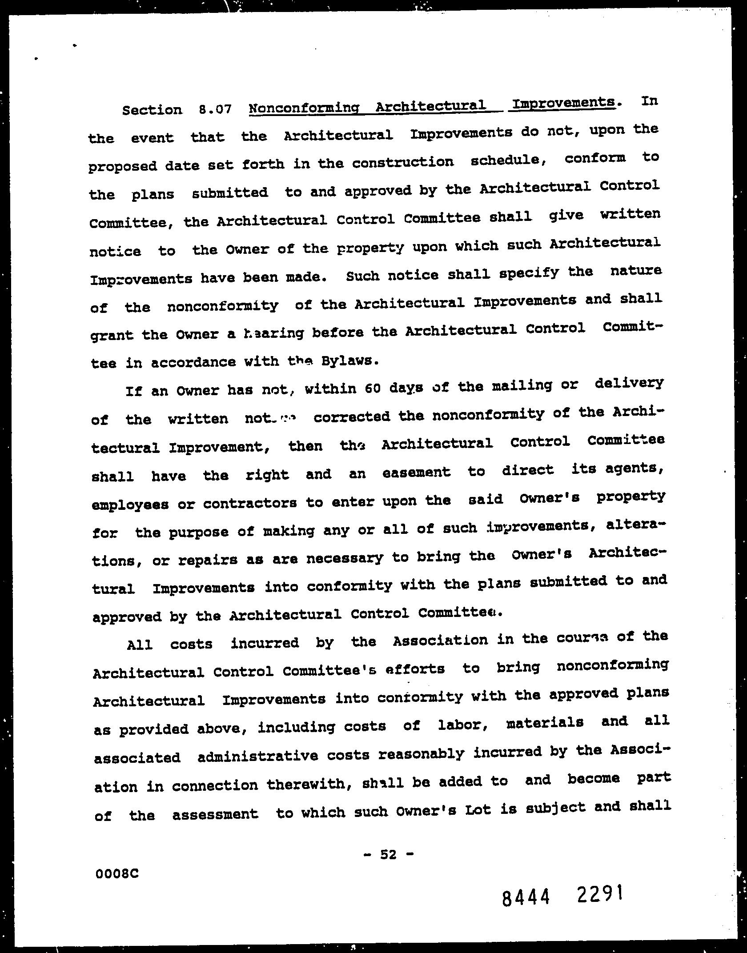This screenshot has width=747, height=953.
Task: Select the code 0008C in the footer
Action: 116,873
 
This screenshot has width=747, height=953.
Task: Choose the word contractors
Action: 250,504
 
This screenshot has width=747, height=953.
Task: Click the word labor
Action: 464,725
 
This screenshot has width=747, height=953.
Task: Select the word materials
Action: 545,723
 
